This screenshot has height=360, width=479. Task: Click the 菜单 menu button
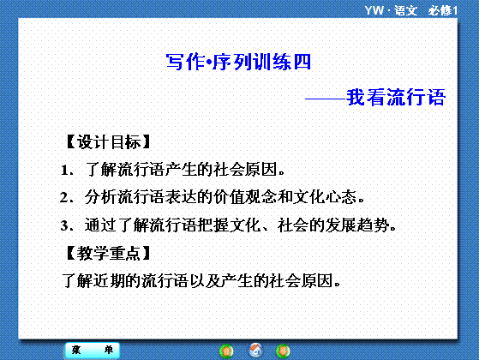click(x=93, y=350)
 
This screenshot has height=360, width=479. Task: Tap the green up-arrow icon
click(x=226, y=351)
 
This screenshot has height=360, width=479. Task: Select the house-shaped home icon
click(x=255, y=351)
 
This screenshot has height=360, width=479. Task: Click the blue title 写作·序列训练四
click(x=238, y=62)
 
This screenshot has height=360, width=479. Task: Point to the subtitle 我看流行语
click(x=396, y=98)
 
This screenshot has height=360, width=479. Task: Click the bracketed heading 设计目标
click(x=108, y=142)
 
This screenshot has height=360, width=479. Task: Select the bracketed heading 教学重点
click(x=108, y=253)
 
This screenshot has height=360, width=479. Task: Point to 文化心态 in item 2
click(x=325, y=197)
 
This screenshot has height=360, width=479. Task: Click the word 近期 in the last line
click(x=109, y=280)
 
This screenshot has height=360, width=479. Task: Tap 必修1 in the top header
click(x=442, y=10)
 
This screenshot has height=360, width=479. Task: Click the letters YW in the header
click(x=374, y=10)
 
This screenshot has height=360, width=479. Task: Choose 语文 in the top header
click(x=405, y=10)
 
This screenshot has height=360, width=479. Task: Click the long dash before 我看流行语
click(x=326, y=99)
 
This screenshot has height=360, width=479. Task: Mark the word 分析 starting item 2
click(x=100, y=197)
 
